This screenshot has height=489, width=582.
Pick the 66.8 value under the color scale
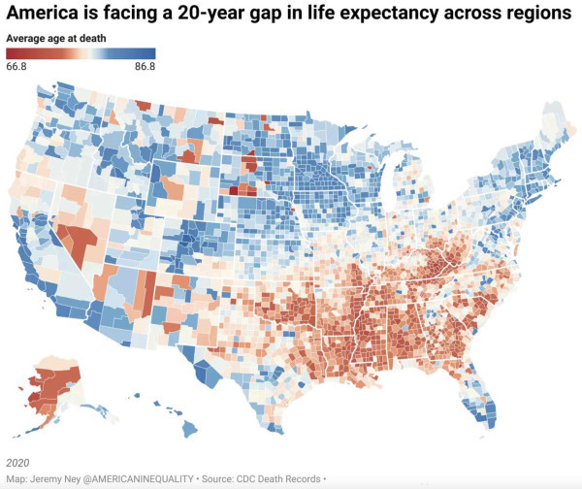pyautogui.click(x=16, y=67)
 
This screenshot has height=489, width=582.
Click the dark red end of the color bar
pyautogui.click(x=12, y=53)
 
